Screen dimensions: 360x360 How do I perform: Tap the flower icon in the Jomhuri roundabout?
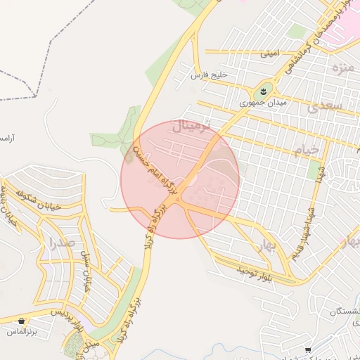[x=263, y=90]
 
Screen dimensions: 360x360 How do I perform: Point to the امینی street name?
[x=269, y=53]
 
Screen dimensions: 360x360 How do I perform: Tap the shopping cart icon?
[x=308, y=349]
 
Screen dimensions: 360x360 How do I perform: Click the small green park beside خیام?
[x=314, y=169]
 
